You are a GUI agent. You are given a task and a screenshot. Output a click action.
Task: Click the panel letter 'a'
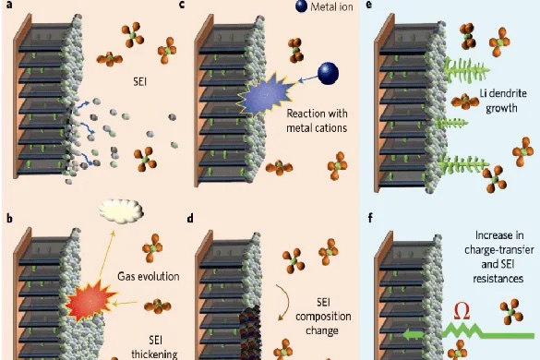tap(9, 5)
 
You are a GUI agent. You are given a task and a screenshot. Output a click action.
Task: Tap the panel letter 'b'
tap(9, 219)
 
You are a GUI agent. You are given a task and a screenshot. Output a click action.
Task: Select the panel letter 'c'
tap(182, 5)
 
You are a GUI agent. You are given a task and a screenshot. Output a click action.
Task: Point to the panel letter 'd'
tap(190, 219)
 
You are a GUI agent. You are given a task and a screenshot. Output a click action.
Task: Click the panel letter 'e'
tap(369, 5)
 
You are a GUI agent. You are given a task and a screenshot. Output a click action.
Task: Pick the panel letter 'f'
tap(370, 218)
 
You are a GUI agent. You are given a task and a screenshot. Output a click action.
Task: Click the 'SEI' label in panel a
tap(139, 81)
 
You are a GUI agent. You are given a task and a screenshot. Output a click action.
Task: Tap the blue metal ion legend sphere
tap(301, 6)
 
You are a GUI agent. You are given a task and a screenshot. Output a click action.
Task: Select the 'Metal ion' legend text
tap(331, 6)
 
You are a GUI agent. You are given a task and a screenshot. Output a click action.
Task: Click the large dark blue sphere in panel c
tap(329, 73)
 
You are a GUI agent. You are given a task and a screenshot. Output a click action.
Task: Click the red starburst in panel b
tap(90, 299)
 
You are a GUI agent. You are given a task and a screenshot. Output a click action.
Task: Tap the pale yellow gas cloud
tap(121, 210)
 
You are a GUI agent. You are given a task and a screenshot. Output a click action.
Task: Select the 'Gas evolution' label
tap(149, 276)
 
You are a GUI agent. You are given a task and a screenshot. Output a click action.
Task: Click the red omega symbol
tap(462, 311)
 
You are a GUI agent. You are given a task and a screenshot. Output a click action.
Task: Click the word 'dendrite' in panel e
tap(508, 93)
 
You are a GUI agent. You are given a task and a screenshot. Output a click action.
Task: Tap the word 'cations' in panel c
tap(331, 128)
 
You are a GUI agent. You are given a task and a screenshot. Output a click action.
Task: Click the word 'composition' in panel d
tap(323, 317)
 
